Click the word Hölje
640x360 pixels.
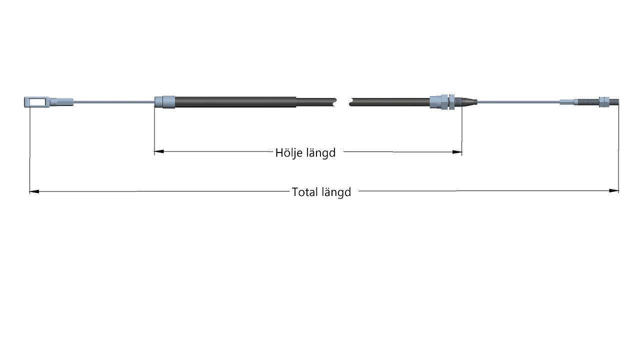[288, 152]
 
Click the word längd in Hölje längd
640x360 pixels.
[321, 152]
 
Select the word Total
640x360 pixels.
[304, 192]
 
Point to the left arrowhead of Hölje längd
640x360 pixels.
[159, 151]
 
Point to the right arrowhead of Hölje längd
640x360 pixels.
[457, 152]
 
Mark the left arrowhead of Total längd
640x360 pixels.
[34, 191]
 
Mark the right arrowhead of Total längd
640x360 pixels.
[613, 190]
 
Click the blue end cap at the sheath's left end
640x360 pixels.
[165, 101]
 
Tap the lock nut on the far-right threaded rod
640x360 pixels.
[603, 101]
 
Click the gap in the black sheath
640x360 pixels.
[343, 102]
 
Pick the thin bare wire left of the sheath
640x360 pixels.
[114, 101]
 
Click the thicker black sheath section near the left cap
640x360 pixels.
[235, 102]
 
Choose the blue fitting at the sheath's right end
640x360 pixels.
[442, 101]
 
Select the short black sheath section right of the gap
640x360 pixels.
[389, 102]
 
